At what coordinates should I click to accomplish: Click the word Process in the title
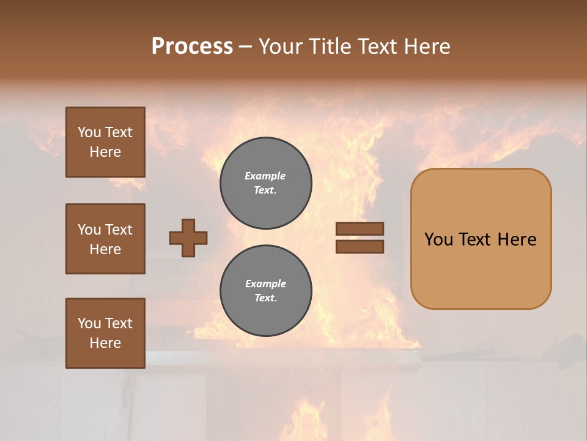click(x=192, y=47)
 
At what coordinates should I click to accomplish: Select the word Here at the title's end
click(x=426, y=47)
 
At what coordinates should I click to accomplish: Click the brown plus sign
click(x=188, y=238)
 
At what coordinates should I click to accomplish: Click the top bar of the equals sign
click(x=360, y=228)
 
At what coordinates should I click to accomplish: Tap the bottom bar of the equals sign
click(x=360, y=247)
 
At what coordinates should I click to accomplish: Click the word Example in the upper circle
click(x=265, y=176)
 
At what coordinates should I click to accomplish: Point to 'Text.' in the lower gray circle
click(x=265, y=298)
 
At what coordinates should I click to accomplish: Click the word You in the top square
click(x=89, y=132)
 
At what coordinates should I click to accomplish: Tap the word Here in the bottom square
click(x=105, y=343)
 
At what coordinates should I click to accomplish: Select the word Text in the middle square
click(x=118, y=230)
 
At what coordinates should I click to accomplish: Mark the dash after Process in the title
click(x=245, y=47)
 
